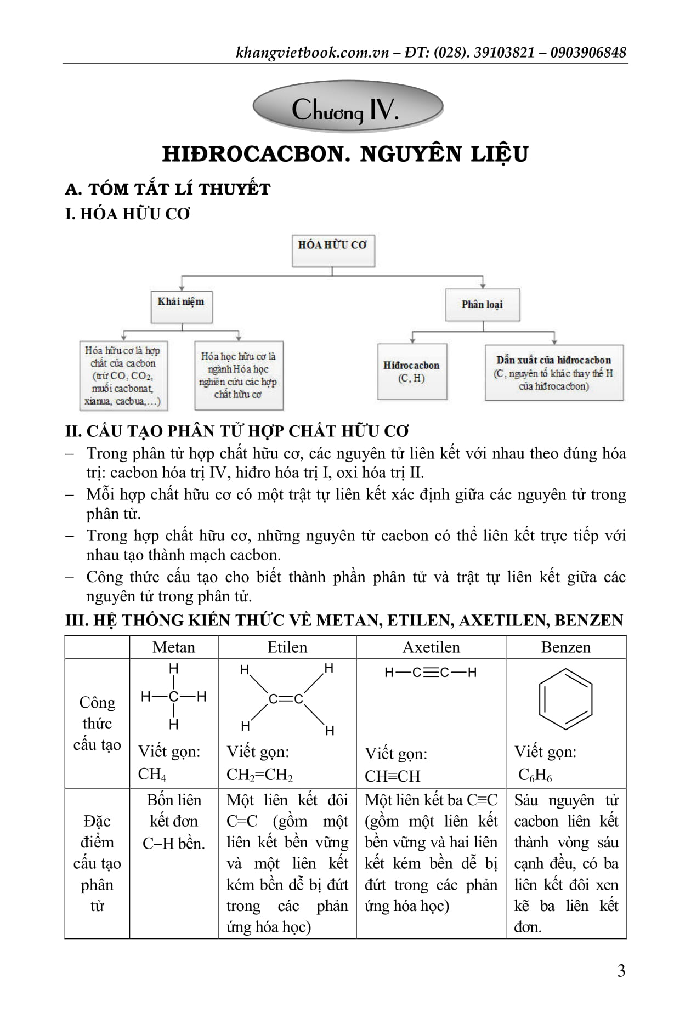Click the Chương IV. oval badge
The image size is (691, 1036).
(347, 108)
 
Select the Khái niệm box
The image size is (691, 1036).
(181, 306)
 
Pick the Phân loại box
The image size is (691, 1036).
(482, 305)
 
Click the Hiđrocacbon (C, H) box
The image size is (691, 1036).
(412, 371)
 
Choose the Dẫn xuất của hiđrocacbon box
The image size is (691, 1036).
(554, 372)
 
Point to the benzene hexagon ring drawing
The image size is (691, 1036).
(565, 701)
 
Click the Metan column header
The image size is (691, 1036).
(174, 647)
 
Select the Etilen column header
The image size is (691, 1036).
(287, 647)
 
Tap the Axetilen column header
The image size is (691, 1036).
(431, 647)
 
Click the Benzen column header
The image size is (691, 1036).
(565, 647)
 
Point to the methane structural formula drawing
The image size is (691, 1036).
(174, 697)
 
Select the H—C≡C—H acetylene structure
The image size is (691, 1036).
(431, 673)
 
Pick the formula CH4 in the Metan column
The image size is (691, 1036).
(152, 774)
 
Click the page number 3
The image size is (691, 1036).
(621, 971)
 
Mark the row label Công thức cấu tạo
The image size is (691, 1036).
(97, 723)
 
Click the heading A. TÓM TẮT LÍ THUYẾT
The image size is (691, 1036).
(168, 189)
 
